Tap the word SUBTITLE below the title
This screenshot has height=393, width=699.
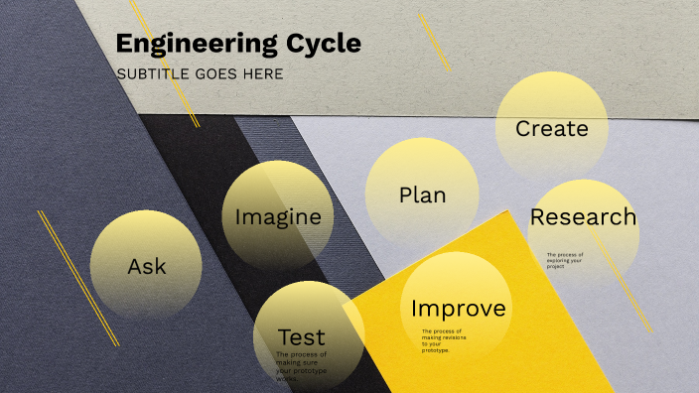pos(151,74)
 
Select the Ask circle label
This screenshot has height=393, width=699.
pos(147,266)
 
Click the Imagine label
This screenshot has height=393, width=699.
pos(278,216)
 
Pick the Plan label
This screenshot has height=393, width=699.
pos(422,195)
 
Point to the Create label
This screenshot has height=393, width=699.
pos(552,129)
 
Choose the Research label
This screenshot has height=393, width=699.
pos(583,216)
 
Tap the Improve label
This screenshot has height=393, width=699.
pos(458,309)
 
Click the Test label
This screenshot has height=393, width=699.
pos(302,336)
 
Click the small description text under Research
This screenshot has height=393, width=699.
pos(565,260)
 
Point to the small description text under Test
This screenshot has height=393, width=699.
pos(301,366)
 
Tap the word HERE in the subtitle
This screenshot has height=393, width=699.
pos(263,74)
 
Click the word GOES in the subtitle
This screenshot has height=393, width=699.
pos(214,74)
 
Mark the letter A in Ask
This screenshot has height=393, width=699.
pos(135,266)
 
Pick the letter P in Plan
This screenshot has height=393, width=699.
pos(405,195)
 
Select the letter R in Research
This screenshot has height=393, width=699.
pos(538,216)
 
